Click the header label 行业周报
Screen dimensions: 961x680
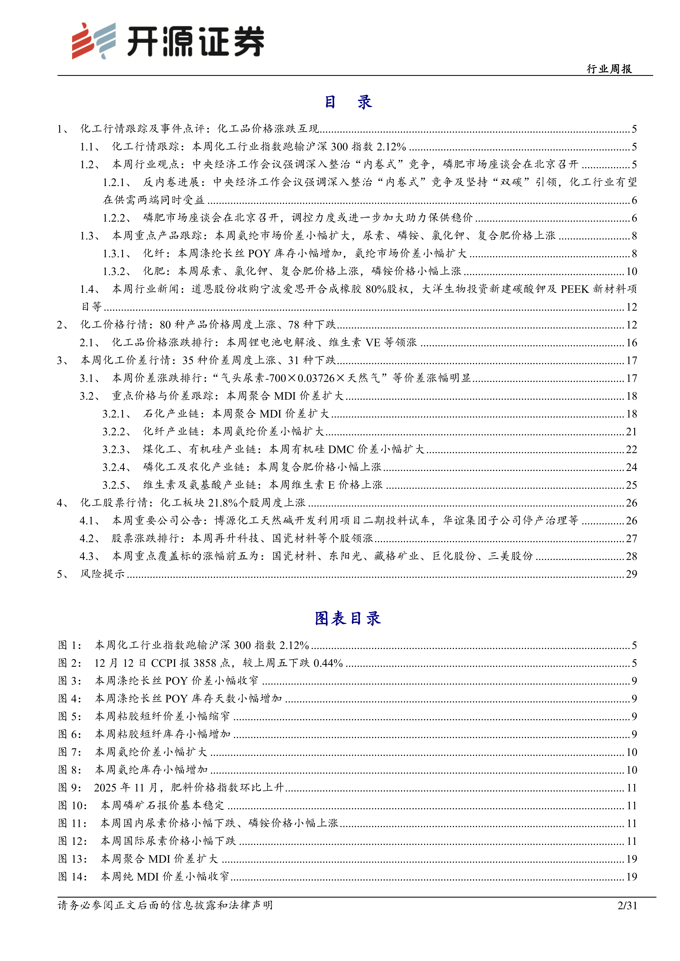[609, 69]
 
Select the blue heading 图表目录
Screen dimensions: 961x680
[348, 618]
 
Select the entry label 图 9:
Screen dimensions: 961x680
[70, 788]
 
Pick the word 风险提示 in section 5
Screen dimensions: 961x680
[103, 574]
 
